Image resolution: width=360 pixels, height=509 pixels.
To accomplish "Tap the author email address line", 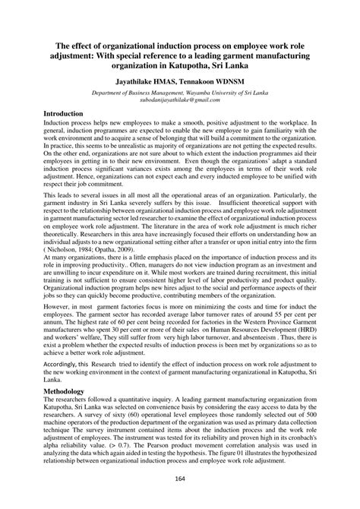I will coord(178,100).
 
